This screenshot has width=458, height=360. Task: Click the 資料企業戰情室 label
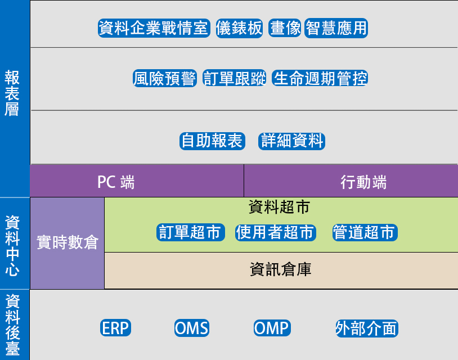[154, 28]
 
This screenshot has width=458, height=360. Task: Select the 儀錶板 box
[239, 28]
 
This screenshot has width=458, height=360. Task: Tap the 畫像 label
[285, 28]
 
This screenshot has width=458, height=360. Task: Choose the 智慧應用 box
[336, 28]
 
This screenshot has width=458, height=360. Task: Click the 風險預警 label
[165, 78]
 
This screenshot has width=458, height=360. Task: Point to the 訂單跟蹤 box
[234, 78]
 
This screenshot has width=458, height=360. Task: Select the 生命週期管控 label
[320, 78]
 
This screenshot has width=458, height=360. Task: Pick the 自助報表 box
[212, 141]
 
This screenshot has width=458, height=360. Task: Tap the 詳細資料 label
[292, 141]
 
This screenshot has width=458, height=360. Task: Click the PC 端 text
[116, 182]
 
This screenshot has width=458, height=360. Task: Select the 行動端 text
[363, 182]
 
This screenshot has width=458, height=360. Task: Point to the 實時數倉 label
[68, 242]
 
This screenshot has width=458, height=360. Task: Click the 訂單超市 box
[190, 232]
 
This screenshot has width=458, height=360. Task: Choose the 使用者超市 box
[276, 232]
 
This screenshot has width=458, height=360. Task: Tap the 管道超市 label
[365, 232]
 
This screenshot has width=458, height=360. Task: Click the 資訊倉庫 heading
[281, 269]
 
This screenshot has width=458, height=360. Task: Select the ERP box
[116, 328]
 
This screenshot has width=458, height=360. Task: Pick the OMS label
[192, 328]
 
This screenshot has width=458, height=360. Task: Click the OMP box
[272, 328]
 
